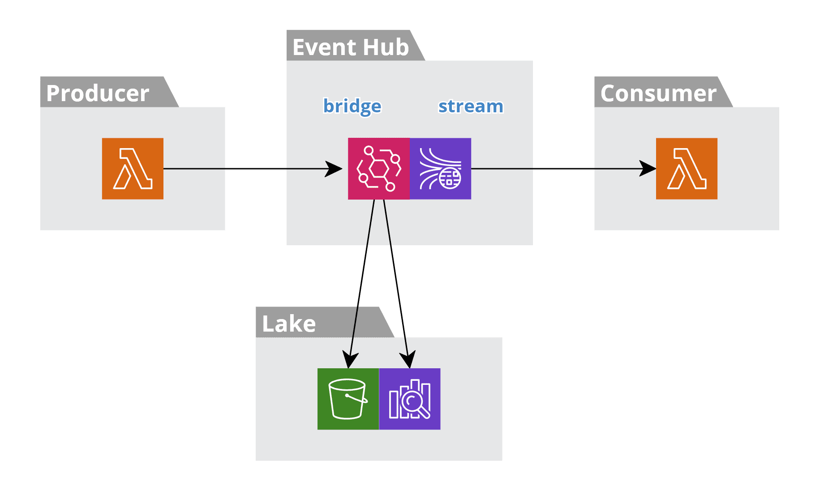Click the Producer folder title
pyautogui.click(x=98, y=93)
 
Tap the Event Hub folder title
pyautogui.click(x=351, y=47)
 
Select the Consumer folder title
pyautogui.click(x=658, y=93)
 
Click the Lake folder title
pyautogui.click(x=289, y=324)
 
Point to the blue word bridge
pyautogui.click(x=352, y=107)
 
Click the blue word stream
pyautogui.click(x=471, y=107)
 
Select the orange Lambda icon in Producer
pyautogui.click(x=133, y=169)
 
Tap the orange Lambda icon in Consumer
pyautogui.click(x=687, y=169)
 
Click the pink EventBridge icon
pyautogui.click(x=379, y=169)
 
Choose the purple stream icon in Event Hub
pyautogui.click(x=441, y=169)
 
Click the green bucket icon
pyautogui.click(x=348, y=399)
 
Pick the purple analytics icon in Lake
pyautogui.click(x=410, y=399)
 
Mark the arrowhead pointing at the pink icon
pyautogui.click(x=334, y=169)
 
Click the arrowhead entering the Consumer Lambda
pyautogui.click(x=648, y=169)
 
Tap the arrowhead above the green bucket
pyautogui.click(x=350, y=360)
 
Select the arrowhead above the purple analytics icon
pyautogui.click(x=408, y=360)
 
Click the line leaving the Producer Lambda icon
pyautogui.click(x=194, y=169)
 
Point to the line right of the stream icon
pyautogui.click(x=502, y=169)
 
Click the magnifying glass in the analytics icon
pyautogui.click(x=412, y=401)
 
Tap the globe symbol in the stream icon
pyautogui.click(x=450, y=179)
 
